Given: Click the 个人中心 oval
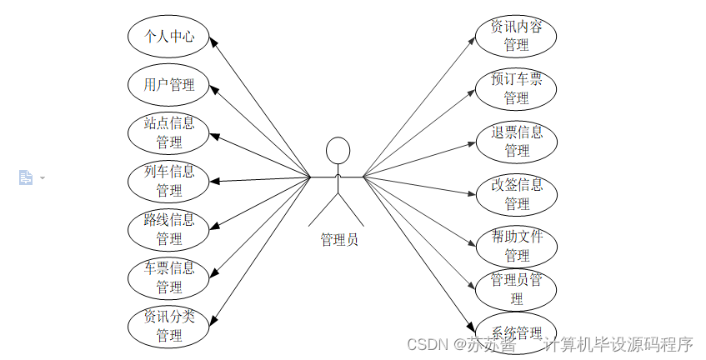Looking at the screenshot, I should (169, 37).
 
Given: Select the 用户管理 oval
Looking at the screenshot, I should (169, 84).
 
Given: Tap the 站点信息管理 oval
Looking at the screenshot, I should (169, 132).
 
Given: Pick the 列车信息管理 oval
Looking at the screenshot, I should (169, 181).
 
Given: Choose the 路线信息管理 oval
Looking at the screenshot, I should (169, 229).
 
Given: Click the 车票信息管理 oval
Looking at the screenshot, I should (169, 277).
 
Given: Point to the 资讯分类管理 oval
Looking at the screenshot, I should (169, 326).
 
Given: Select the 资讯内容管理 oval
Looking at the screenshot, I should (516, 36).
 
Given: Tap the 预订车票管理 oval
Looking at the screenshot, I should (516, 89).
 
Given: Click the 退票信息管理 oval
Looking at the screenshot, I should (516, 142).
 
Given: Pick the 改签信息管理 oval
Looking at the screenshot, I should (516, 194).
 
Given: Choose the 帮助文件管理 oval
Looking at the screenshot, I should (516, 246).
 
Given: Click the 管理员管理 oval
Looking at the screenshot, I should (516, 288).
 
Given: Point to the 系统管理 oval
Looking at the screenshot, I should (516, 333).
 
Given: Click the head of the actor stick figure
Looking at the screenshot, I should (337, 151).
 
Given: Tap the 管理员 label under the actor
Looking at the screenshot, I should (339, 240).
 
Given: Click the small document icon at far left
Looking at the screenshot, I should (26, 177).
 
